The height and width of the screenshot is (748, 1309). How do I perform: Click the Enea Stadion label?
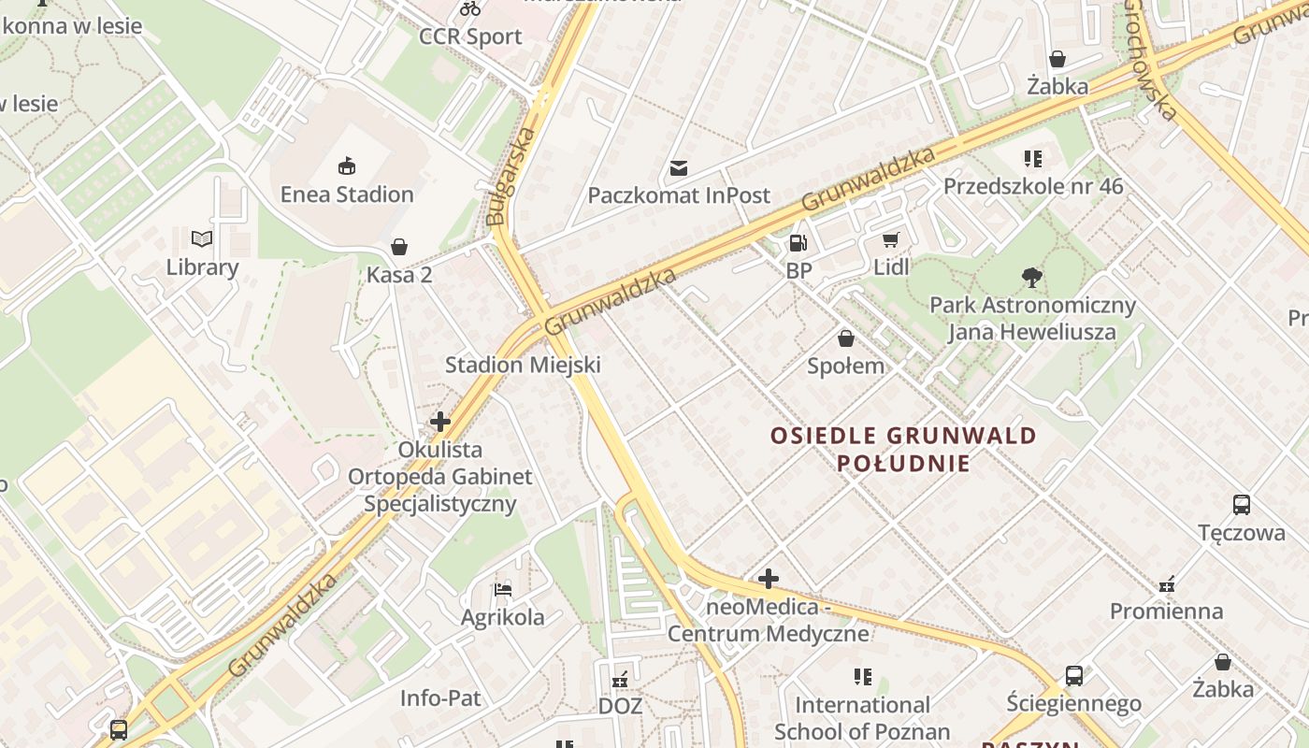tap(347, 194)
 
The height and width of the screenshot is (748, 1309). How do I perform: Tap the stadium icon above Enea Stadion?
tap(347, 167)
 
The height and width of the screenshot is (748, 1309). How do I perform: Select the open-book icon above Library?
tap(202, 239)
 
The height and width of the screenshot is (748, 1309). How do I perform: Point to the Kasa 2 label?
tap(399, 275)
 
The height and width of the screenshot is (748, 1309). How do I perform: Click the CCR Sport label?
tap(470, 36)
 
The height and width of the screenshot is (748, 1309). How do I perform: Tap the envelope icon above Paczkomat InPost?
tap(679, 168)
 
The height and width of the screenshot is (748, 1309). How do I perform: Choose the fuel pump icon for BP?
tap(798, 243)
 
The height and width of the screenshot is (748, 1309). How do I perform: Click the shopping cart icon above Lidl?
tap(891, 240)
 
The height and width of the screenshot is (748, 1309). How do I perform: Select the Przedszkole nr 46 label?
tap(1033, 186)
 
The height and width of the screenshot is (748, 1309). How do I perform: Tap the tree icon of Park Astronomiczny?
tap(1032, 277)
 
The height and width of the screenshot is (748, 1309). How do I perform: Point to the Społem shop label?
tap(846, 366)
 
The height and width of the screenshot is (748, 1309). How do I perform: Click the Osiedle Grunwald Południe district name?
tap(903, 449)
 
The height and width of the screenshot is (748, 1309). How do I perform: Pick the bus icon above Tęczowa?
tap(1242, 505)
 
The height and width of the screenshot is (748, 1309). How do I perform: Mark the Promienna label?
tap(1166, 611)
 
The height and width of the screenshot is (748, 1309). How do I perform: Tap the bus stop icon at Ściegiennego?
tap(1074, 676)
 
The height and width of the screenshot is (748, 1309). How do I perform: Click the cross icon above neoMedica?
tap(769, 579)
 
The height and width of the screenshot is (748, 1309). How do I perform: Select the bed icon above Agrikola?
tap(503, 590)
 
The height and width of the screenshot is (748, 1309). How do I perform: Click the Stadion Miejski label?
tap(523, 365)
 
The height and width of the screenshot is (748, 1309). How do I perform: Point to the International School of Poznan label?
tap(862, 718)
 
